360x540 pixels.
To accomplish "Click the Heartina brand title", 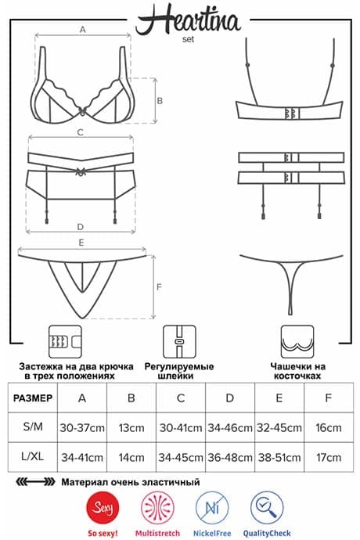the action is (188, 20).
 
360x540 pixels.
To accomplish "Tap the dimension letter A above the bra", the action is (83, 30).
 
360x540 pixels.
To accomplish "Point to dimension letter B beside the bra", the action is (160, 100).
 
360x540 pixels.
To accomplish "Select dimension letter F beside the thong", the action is (159, 286).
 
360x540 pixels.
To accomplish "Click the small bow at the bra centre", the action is (82, 111).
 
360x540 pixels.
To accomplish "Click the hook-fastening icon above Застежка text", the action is (66, 341).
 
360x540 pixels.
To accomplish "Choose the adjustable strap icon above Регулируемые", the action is (179, 341).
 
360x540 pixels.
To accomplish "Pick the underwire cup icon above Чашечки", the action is (297, 341).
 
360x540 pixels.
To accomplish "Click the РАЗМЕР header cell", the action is (33, 398).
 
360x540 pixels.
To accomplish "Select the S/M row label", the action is (33, 427).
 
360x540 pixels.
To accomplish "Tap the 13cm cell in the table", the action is (131, 428).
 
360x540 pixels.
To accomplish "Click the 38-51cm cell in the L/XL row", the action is (279, 457).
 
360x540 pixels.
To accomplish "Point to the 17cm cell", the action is (329, 457).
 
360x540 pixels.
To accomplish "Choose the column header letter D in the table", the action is (230, 398).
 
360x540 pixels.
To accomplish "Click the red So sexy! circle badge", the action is (103, 508).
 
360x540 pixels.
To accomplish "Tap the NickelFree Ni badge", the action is (212, 508).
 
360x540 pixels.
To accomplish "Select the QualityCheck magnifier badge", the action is (267, 508).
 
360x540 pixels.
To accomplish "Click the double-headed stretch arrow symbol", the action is (35, 482).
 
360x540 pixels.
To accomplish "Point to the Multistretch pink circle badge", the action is (157, 508).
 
